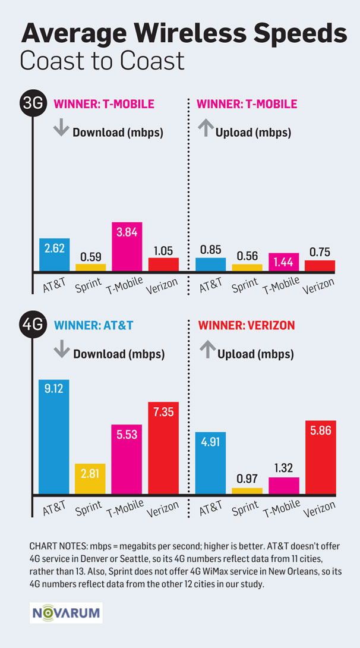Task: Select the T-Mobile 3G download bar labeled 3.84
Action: (x=127, y=247)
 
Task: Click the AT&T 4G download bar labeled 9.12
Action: (x=54, y=437)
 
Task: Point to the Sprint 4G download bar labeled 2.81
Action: (x=90, y=479)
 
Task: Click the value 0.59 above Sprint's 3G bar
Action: (x=90, y=256)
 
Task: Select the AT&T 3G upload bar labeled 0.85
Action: (x=210, y=265)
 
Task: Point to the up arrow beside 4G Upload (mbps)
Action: (x=207, y=352)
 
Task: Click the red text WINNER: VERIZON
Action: (x=246, y=326)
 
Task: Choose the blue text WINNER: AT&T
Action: (x=94, y=326)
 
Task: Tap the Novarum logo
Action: (x=66, y=612)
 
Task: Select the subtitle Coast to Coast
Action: (x=102, y=61)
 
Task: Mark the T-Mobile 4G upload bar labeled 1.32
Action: (x=283, y=486)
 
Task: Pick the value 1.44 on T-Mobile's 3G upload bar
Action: (x=283, y=260)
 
